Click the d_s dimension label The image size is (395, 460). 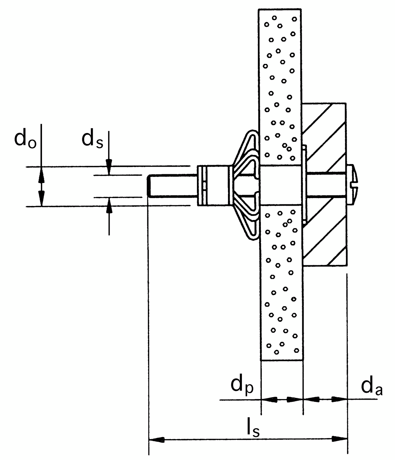pos(92,140)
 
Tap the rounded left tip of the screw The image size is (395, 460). pos(149,186)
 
